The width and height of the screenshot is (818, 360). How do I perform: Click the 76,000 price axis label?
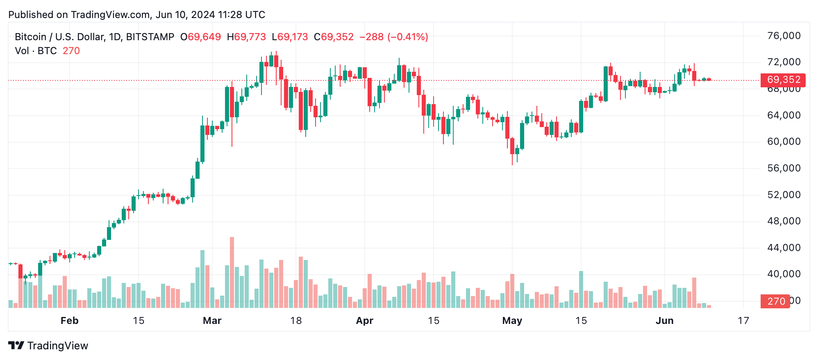click(x=784, y=36)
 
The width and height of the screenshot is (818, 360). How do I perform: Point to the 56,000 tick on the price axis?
click(x=784, y=169)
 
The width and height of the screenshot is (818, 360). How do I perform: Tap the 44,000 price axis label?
click(x=784, y=248)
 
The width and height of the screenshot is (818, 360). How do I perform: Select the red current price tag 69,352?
click(x=783, y=80)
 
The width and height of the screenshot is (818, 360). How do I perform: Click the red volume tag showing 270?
click(x=775, y=301)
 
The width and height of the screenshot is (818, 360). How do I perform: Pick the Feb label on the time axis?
click(x=69, y=321)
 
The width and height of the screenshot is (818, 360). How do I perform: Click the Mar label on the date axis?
click(x=212, y=321)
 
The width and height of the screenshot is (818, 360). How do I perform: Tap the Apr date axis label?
click(x=364, y=321)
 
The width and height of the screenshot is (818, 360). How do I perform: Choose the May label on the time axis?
click(x=512, y=321)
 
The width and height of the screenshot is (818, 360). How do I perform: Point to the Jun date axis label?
click(x=664, y=321)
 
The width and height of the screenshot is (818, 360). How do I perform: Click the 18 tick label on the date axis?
click(x=296, y=321)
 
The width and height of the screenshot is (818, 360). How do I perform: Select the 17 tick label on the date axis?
click(x=743, y=321)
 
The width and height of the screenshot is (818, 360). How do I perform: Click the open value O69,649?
click(x=200, y=37)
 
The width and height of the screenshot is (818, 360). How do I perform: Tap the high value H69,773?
click(x=246, y=37)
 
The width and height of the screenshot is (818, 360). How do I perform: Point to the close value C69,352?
click(x=334, y=37)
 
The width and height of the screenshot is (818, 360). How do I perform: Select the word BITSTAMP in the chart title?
click(x=150, y=37)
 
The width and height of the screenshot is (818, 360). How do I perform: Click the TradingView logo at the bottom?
click(x=48, y=346)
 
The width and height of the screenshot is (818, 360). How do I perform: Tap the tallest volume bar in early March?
click(x=232, y=272)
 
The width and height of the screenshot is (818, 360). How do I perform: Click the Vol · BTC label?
click(x=36, y=51)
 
